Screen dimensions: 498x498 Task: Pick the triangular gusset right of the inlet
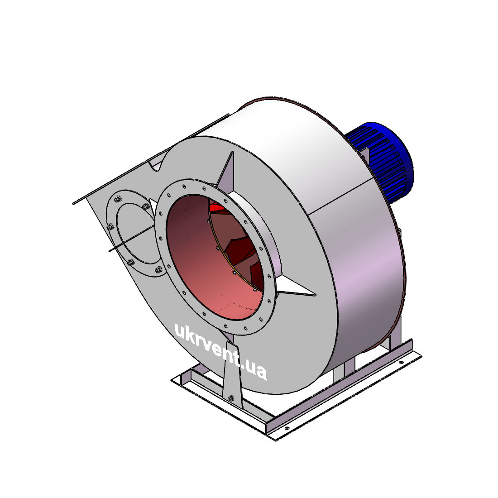295,287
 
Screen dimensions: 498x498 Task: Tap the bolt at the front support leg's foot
231,398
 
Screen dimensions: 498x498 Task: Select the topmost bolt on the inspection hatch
118,199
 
